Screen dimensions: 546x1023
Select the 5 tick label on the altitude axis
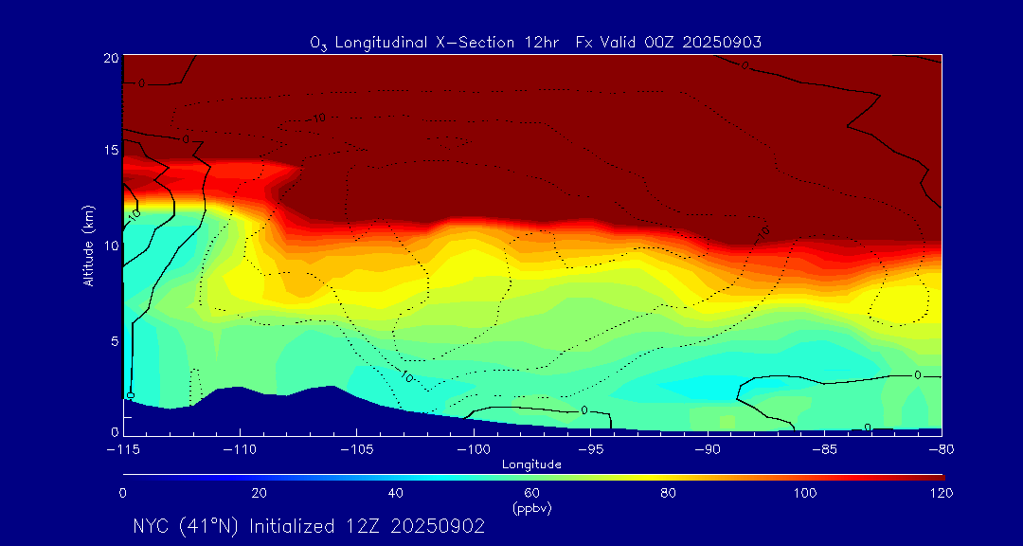pos(114,339)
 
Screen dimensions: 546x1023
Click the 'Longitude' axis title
pos(532,464)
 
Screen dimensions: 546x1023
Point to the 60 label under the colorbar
pos(532,493)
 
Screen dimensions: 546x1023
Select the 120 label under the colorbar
pos(942,493)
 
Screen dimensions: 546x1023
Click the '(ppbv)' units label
pos(531,508)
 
